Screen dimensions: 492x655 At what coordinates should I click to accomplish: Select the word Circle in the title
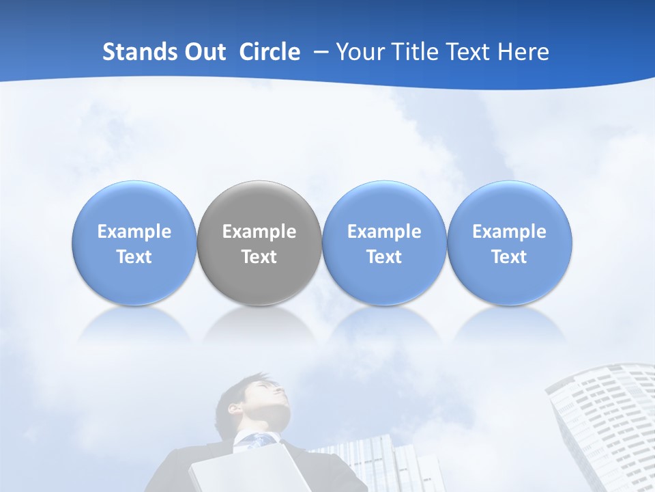pyautogui.click(x=270, y=52)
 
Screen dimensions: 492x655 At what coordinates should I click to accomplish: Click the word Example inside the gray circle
pyautogui.click(x=259, y=232)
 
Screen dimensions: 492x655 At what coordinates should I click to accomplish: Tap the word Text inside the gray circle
pyautogui.click(x=259, y=257)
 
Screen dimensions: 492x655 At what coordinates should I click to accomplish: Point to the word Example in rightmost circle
pyautogui.click(x=509, y=232)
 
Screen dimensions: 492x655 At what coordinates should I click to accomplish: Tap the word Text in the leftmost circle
pyautogui.click(x=134, y=257)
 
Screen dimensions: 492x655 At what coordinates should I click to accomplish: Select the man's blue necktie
pyautogui.click(x=259, y=441)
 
